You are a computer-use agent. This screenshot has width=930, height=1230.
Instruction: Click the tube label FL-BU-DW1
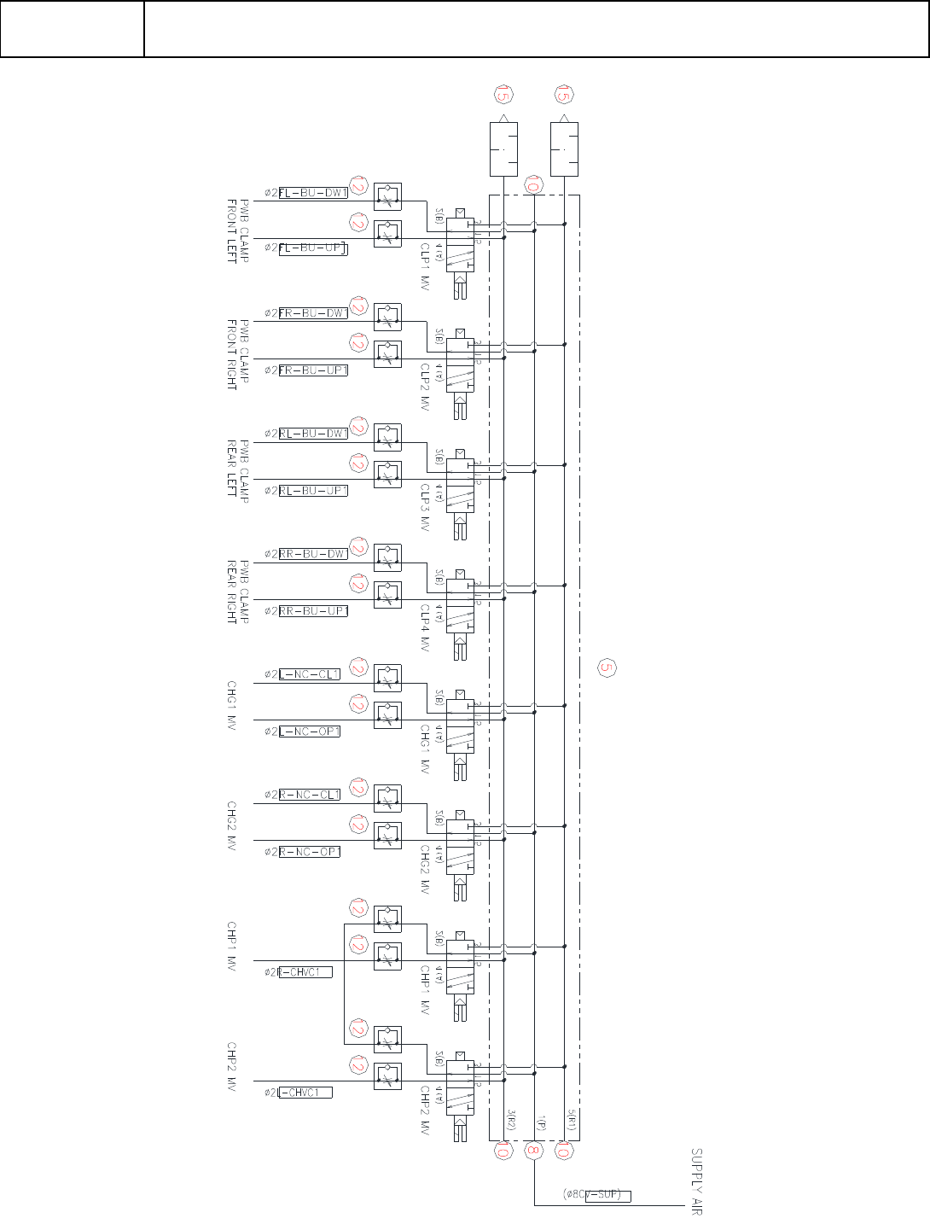pos(313,193)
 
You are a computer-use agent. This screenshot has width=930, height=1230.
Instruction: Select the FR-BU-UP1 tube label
pos(313,370)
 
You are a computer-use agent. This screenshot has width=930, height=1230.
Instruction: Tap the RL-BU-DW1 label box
pos(313,434)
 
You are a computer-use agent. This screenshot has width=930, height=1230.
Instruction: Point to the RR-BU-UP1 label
pos(313,611)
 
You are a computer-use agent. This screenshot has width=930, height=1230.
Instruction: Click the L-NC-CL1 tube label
pos(310,674)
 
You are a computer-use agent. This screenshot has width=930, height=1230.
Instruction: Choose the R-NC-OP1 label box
pos(310,852)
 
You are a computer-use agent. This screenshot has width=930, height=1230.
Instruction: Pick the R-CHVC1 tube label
pos(305,972)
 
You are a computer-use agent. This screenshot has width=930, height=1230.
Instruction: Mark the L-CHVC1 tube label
pos(305,1093)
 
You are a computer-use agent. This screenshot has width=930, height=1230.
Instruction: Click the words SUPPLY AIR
pos(696,1181)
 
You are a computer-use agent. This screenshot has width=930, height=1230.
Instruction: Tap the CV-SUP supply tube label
pos(607,1195)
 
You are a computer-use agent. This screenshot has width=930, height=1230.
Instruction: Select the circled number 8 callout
pos(534,1151)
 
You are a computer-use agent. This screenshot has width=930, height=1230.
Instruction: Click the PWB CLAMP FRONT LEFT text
pos(237,230)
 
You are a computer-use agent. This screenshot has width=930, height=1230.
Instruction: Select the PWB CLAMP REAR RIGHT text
pos(237,592)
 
